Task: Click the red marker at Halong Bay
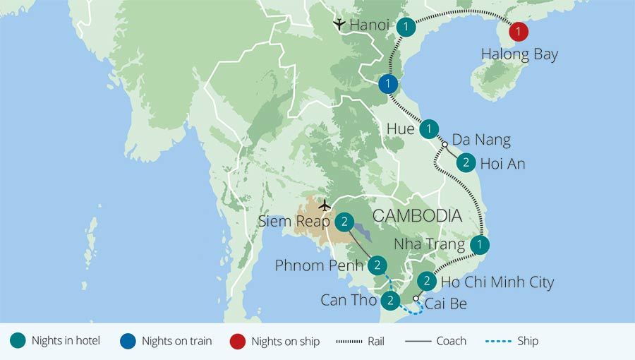tap(519, 32)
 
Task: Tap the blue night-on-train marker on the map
tap(387, 84)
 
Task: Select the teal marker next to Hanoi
tap(406, 27)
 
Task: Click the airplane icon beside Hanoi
tap(339, 25)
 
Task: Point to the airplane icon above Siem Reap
tap(324, 205)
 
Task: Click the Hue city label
tap(400, 129)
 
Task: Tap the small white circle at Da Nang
tap(445, 145)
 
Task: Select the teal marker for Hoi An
tap(466, 163)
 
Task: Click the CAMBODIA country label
tap(417, 216)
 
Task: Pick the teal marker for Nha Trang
tap(480, 245)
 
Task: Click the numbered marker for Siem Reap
tap(344, 222)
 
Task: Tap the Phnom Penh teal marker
tap(377, 265)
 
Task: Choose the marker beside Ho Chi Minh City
tap(426, 281)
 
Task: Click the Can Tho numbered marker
tap(390, 301)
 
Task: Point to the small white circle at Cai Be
tap(416, 299)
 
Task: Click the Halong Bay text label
tap(519, 54)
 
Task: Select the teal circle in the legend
tap(18, 341)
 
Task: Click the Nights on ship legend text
tap(285, 341)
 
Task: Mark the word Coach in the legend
tap(451, 341)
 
